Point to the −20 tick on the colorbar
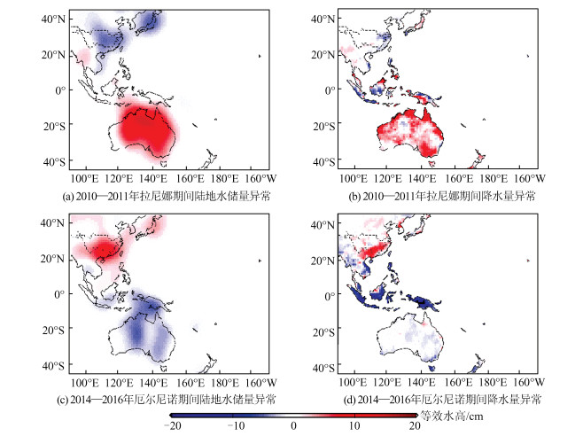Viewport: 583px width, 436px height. coord(174,426)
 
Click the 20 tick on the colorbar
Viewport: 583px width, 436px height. coord(414,426)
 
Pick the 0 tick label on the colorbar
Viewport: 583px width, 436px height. coord(293,426)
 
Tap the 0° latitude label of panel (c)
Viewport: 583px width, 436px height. coord(59,294)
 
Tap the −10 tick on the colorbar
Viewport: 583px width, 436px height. coord(233,426)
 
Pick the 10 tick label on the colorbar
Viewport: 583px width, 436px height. coord(354,426)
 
